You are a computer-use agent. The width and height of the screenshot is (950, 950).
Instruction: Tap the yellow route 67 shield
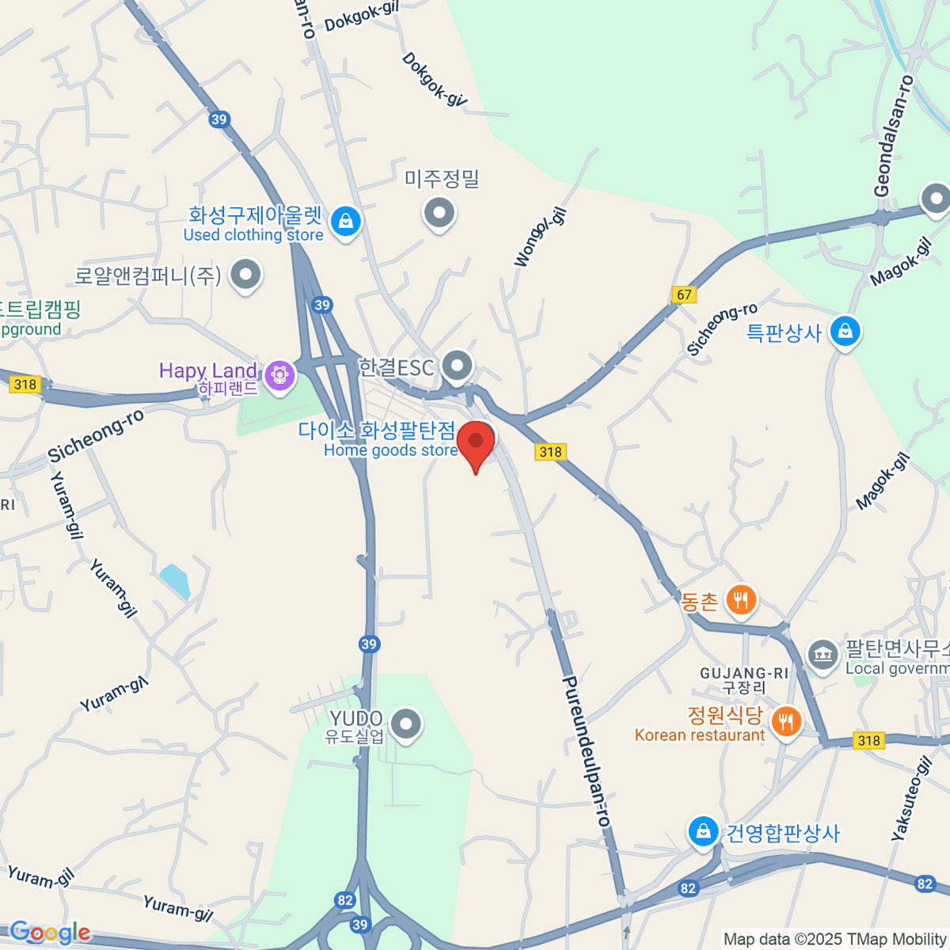684,294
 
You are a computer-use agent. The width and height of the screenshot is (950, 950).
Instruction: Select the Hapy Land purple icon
279,374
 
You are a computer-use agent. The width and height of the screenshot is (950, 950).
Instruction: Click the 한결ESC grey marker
457,366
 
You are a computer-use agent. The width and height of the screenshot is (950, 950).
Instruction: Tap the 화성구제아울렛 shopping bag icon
345,222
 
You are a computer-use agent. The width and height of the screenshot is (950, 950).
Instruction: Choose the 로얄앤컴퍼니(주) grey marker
245,275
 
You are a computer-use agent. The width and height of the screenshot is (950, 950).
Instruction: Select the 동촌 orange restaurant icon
740,600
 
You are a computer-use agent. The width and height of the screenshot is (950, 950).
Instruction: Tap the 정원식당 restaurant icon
785,721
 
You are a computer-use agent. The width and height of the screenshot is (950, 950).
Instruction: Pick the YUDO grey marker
407,723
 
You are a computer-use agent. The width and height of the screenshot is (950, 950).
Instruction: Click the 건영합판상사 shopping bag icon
702,831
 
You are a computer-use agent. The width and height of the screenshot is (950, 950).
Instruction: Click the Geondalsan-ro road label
894,136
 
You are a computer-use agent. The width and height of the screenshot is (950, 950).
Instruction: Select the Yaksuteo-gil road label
911,798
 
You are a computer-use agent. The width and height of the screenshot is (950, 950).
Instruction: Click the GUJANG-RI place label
744,674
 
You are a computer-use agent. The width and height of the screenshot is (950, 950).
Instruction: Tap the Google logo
49,933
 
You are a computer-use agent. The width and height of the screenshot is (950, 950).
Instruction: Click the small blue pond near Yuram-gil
175,581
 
